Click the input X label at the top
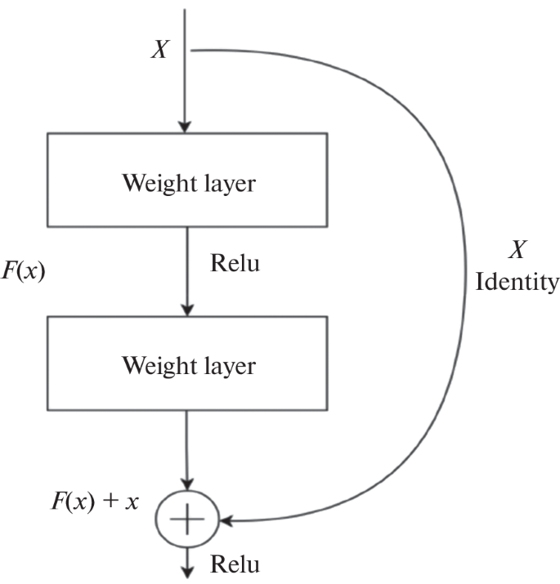160,51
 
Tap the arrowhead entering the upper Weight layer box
186,126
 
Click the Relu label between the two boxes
235,263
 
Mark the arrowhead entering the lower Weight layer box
187,310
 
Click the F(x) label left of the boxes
22,270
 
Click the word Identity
517,283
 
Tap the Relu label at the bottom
236,564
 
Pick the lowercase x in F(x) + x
131,501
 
